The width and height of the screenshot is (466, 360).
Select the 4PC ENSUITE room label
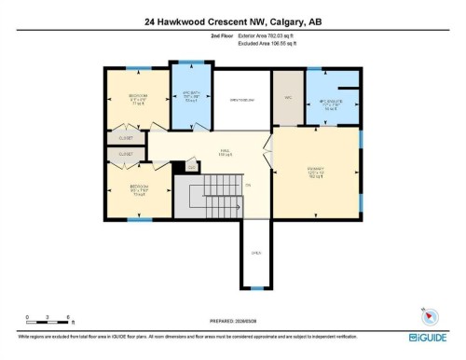pyautogui.click(x=333, y=104)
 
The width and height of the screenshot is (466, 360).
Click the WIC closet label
pyautogui.click(x=288, y=96)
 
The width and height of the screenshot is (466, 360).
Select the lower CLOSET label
pyautogui.click(x=125, y=153)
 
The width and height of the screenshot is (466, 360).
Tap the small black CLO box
pyautogui.click(x=192, y=167)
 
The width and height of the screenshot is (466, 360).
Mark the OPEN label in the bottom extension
pyautogui.click(x=256, y=252)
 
